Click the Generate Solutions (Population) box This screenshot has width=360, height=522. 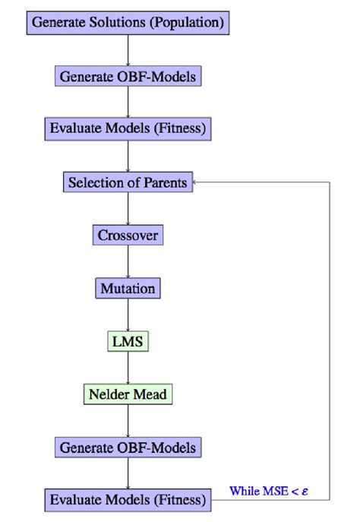[128, 22]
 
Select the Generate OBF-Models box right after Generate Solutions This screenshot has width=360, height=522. [128, 76]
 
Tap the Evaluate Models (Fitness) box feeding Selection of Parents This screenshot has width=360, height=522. [128, 128]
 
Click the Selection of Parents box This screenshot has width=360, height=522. [128, 182]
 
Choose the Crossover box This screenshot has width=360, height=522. [128, 235]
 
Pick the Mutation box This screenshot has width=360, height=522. [128, 289]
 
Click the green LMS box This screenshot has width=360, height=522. [128, 341]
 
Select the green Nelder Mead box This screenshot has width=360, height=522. [128, 394]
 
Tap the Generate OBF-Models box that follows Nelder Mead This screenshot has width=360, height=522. [128, 448]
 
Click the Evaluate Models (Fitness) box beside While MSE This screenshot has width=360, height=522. [128, 500]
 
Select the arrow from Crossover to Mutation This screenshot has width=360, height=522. [128, 262]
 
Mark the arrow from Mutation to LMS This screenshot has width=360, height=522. [128, 315]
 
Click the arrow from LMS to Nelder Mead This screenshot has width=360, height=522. [128, 368]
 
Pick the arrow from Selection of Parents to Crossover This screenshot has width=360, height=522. [128, 209]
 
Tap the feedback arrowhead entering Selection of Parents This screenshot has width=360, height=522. [195, 182]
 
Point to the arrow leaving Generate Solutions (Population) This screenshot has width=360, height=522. [128, 49]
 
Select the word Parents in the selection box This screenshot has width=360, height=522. [165, 182]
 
